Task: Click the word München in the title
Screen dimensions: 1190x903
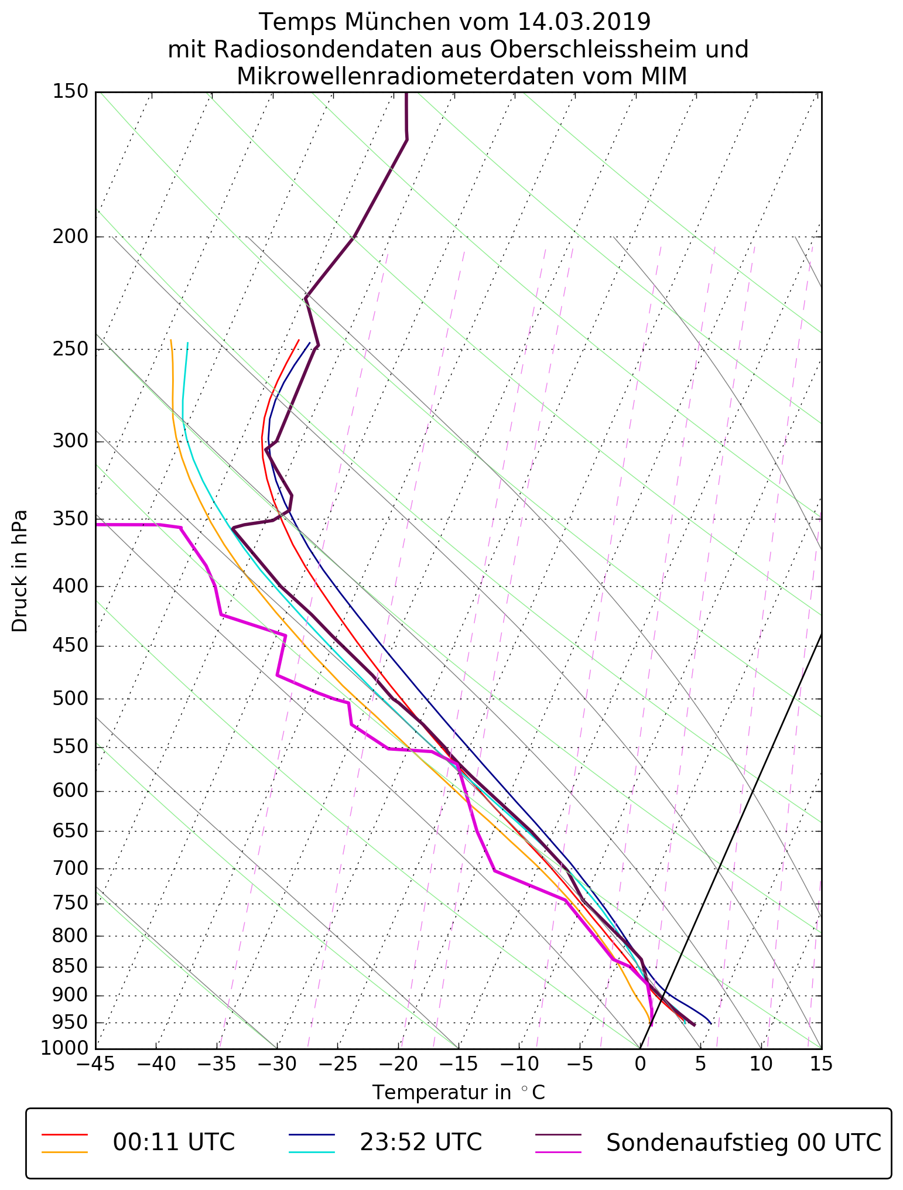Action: (x=399, y=22)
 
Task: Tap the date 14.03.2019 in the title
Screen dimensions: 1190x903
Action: (x=584, y=22)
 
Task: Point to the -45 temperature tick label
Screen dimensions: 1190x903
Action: (x=95, y=1064)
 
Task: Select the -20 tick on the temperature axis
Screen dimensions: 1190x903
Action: (x=398, y=1064)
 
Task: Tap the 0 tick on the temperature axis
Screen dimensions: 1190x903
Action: (x=640, y=1064)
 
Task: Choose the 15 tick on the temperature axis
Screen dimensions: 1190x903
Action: (x=821, y=1064)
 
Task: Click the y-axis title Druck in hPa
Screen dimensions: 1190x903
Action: (x=20, y=571)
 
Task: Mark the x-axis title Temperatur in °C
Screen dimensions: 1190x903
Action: (x=459, y=1092)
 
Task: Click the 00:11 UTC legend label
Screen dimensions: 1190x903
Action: (x=174, y=1142)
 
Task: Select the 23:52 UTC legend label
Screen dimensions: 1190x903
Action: (x=420, y=1142)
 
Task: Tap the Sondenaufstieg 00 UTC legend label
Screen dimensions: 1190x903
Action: (x=743, y=1142)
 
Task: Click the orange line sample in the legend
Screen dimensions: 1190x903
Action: (x=64, y=1152)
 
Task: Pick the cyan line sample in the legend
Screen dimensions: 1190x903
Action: (x=312, y=1152)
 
